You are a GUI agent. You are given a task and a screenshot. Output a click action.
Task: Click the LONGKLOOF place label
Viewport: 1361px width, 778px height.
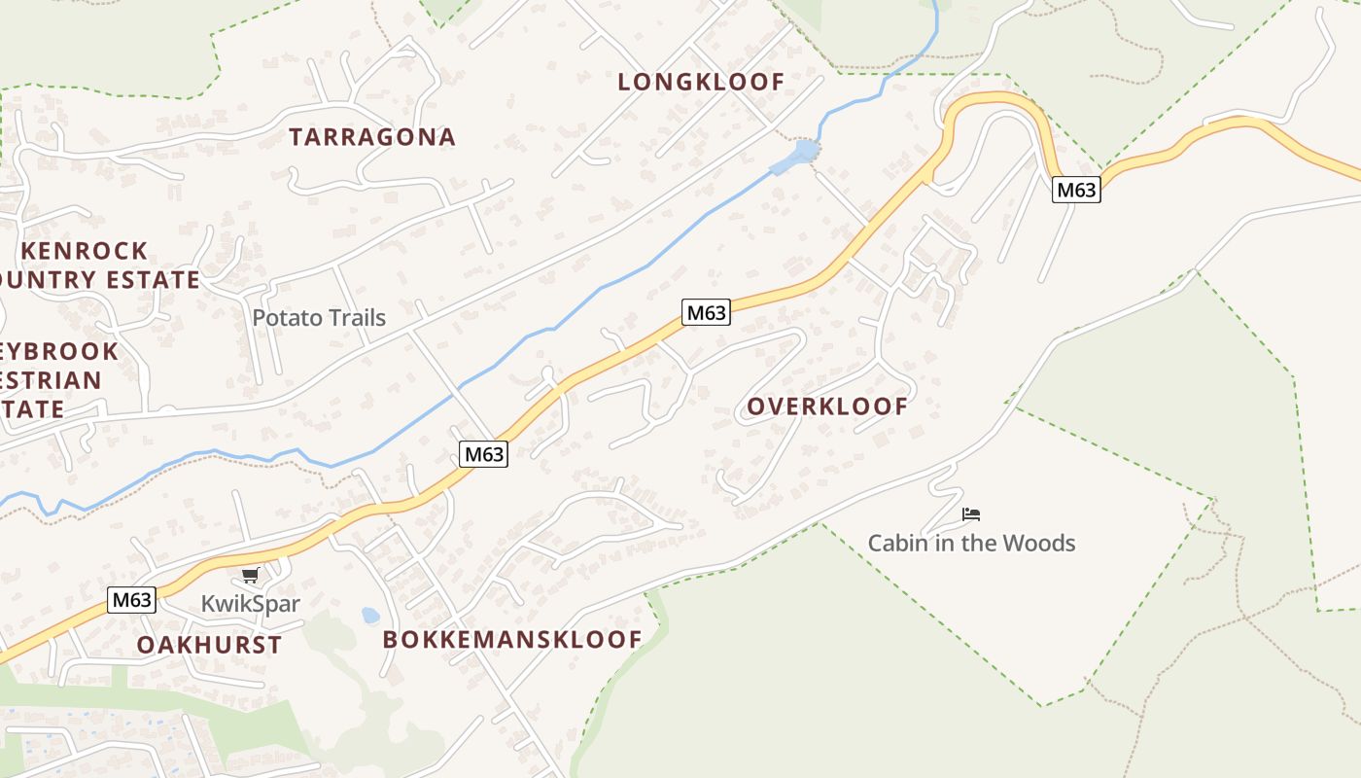point(701,82)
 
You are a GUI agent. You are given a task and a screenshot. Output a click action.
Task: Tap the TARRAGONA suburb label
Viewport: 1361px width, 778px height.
point(372,137)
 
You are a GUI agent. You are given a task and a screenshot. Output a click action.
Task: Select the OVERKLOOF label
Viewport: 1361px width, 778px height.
point(827,407)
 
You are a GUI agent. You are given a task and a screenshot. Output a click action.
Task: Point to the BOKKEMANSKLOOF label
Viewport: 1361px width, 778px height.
point(512,639)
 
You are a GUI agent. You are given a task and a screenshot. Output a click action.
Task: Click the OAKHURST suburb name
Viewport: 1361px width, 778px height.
point(209,645)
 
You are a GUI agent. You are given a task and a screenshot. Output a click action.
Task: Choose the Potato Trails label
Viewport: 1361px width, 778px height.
point(319,318)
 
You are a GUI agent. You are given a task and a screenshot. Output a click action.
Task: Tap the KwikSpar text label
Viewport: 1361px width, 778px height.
point(251,604)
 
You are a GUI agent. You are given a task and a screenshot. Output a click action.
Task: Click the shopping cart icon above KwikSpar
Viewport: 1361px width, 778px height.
point(251,576)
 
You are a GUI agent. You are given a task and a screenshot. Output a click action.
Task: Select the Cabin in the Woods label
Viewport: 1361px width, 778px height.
point(971,543)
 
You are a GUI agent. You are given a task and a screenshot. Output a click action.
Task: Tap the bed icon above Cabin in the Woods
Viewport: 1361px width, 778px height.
point(970,514)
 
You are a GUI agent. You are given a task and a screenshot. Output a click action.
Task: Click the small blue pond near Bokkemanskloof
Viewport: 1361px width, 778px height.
point(370,615)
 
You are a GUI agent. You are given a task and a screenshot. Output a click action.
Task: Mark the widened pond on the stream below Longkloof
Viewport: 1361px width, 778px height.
point(803,153)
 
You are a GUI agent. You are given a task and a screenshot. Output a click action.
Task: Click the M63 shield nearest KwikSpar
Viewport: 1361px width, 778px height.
point(131,600)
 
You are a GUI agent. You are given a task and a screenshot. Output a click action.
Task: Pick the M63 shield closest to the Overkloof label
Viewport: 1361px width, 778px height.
point(706,313)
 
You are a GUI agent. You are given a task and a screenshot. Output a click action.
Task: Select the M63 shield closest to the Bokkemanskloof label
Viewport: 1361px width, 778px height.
point(483,454)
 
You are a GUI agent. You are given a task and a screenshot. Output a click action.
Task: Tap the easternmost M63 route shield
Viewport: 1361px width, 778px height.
point(1076,191)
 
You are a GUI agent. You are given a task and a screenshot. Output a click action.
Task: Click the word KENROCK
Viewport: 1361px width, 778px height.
point(85,251)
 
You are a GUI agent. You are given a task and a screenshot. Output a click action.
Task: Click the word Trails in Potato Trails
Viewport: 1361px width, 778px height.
point(355,318)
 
